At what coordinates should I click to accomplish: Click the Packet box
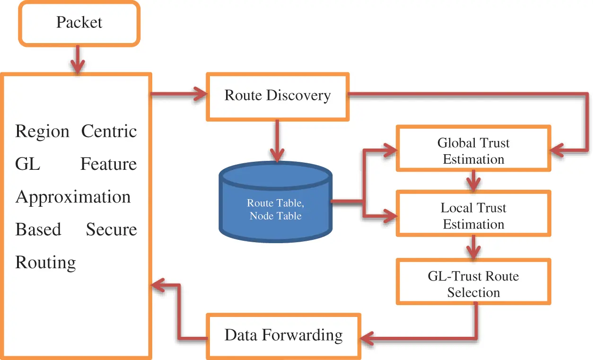point(79,23)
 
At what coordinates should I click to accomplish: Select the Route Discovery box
point(277,96)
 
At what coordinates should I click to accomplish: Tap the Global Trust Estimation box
point(473,151)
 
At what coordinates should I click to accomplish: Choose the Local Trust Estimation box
point(473,216)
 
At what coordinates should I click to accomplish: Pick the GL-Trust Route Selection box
point(473,284)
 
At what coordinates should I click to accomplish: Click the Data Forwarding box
point(283,335)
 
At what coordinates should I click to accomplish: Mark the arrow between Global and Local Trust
point(473,180)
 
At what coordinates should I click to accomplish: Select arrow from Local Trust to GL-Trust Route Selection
point(473,247)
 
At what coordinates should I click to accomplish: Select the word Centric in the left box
point(109,131)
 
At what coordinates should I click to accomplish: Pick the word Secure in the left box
point(111,229)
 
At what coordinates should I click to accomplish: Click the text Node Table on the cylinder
point(275,216)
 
